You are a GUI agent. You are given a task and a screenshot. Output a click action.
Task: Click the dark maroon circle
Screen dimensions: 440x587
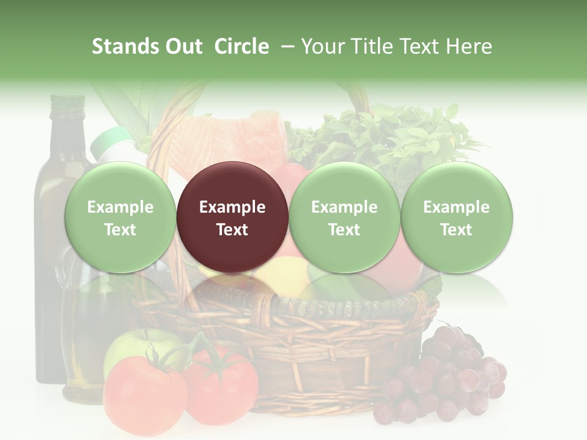[232, 217]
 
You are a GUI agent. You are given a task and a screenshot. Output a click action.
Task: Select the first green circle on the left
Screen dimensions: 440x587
[120, 217]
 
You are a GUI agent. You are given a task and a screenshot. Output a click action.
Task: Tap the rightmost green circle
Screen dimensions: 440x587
[456, 217]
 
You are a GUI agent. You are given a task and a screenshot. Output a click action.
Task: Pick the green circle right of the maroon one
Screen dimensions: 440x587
[344, 217]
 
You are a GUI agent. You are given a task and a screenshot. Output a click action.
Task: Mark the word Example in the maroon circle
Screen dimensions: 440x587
[232, 207]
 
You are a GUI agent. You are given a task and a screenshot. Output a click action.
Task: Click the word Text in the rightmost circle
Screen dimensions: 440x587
[456, 230]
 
